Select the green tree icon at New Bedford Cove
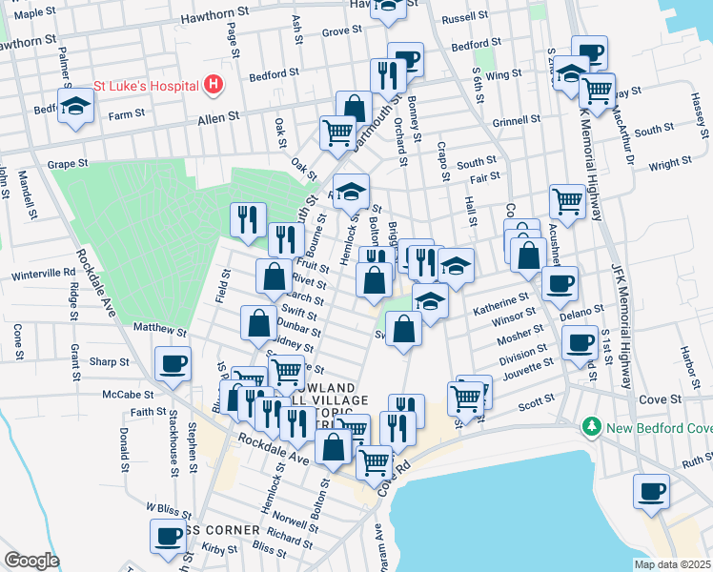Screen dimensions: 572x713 click(592, 425)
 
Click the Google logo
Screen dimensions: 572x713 click(31, 561)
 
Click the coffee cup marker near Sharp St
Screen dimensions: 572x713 click(173, 363)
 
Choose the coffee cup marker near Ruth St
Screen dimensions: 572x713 click(652, 491)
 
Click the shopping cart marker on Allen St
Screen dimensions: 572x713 click(336, 133)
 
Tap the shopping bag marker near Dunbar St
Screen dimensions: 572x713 click(258, 323)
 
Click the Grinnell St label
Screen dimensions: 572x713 click(517, 121)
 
